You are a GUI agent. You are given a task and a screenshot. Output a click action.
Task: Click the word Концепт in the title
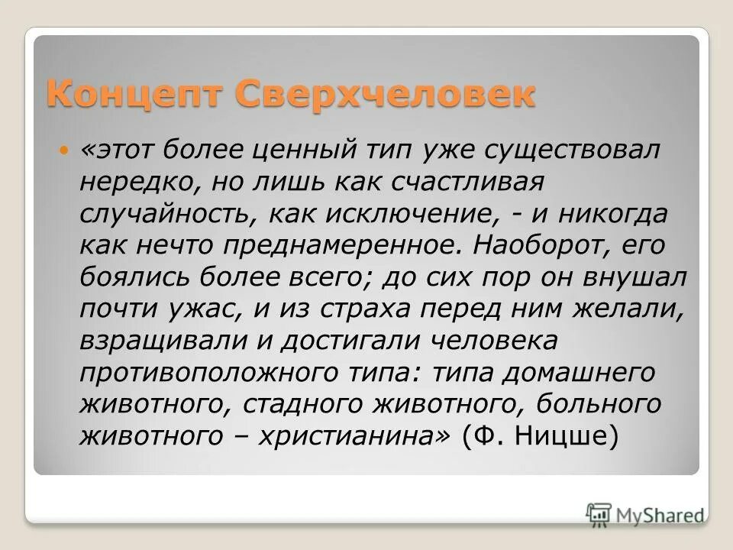coord(134,96)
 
